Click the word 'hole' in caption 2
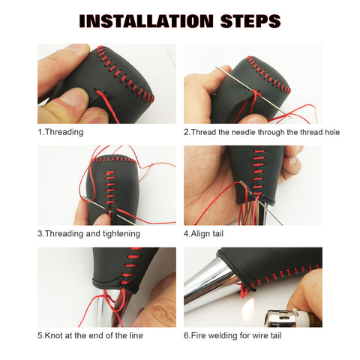click(x=330, y=132)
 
